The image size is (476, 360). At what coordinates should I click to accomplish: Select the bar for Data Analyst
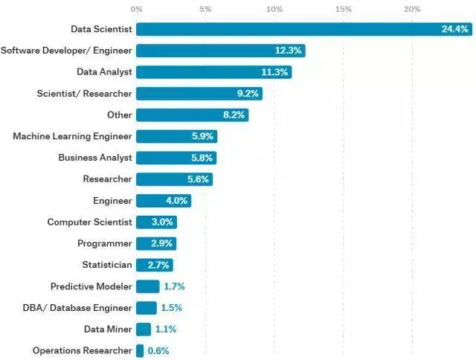[213, 72]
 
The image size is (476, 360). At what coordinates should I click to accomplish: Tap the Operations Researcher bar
[140, 350]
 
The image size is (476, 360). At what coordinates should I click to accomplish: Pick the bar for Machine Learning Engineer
[176, 136]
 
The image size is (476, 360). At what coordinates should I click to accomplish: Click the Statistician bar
[154, 265]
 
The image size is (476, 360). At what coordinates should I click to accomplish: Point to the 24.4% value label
[454, 30]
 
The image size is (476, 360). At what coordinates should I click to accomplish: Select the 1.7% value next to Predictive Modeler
[175, 286]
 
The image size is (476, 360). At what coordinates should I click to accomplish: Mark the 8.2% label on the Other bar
[231, 115]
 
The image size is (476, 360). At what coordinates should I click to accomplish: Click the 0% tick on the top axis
[136, 9]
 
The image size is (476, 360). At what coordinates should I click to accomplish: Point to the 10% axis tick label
[274, 9]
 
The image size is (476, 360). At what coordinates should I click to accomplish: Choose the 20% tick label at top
[412, 9]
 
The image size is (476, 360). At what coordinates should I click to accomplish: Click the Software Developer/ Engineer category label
[66, 51]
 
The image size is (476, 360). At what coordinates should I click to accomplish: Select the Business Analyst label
[95, 158]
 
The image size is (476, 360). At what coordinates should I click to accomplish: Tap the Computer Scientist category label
[89, 222]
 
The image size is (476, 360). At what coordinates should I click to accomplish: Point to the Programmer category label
[104, 243]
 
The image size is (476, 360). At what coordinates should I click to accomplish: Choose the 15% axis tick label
[343, 9]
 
